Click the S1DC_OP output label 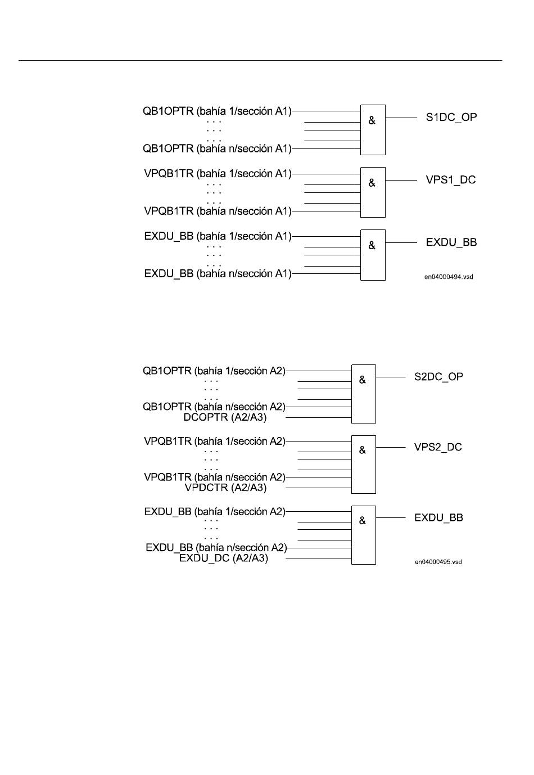coord(451,118)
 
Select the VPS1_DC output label coord(450,180)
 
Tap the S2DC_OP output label coord(438,377)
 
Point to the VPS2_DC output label coord(438,447)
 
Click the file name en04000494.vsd coord(449,277)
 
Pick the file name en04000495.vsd coord(438,562)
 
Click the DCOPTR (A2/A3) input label coord(225,417)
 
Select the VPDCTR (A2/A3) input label coord(225,488)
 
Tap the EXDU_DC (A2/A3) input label coord(223,558)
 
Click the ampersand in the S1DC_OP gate coord(372,120)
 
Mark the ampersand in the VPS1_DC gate coord(372,183)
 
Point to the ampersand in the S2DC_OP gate coord(362,380)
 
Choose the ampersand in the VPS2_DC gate coord(362,450)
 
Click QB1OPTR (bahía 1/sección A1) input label coord(217,111)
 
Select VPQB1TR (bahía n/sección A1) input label coord(218,211)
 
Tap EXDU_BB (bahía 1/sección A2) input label coord(215,512)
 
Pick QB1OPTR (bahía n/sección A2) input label coord(214,407)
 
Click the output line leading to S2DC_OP coord(391,377)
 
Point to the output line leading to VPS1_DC coord(401,181)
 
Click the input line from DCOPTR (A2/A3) coord(319,418)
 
